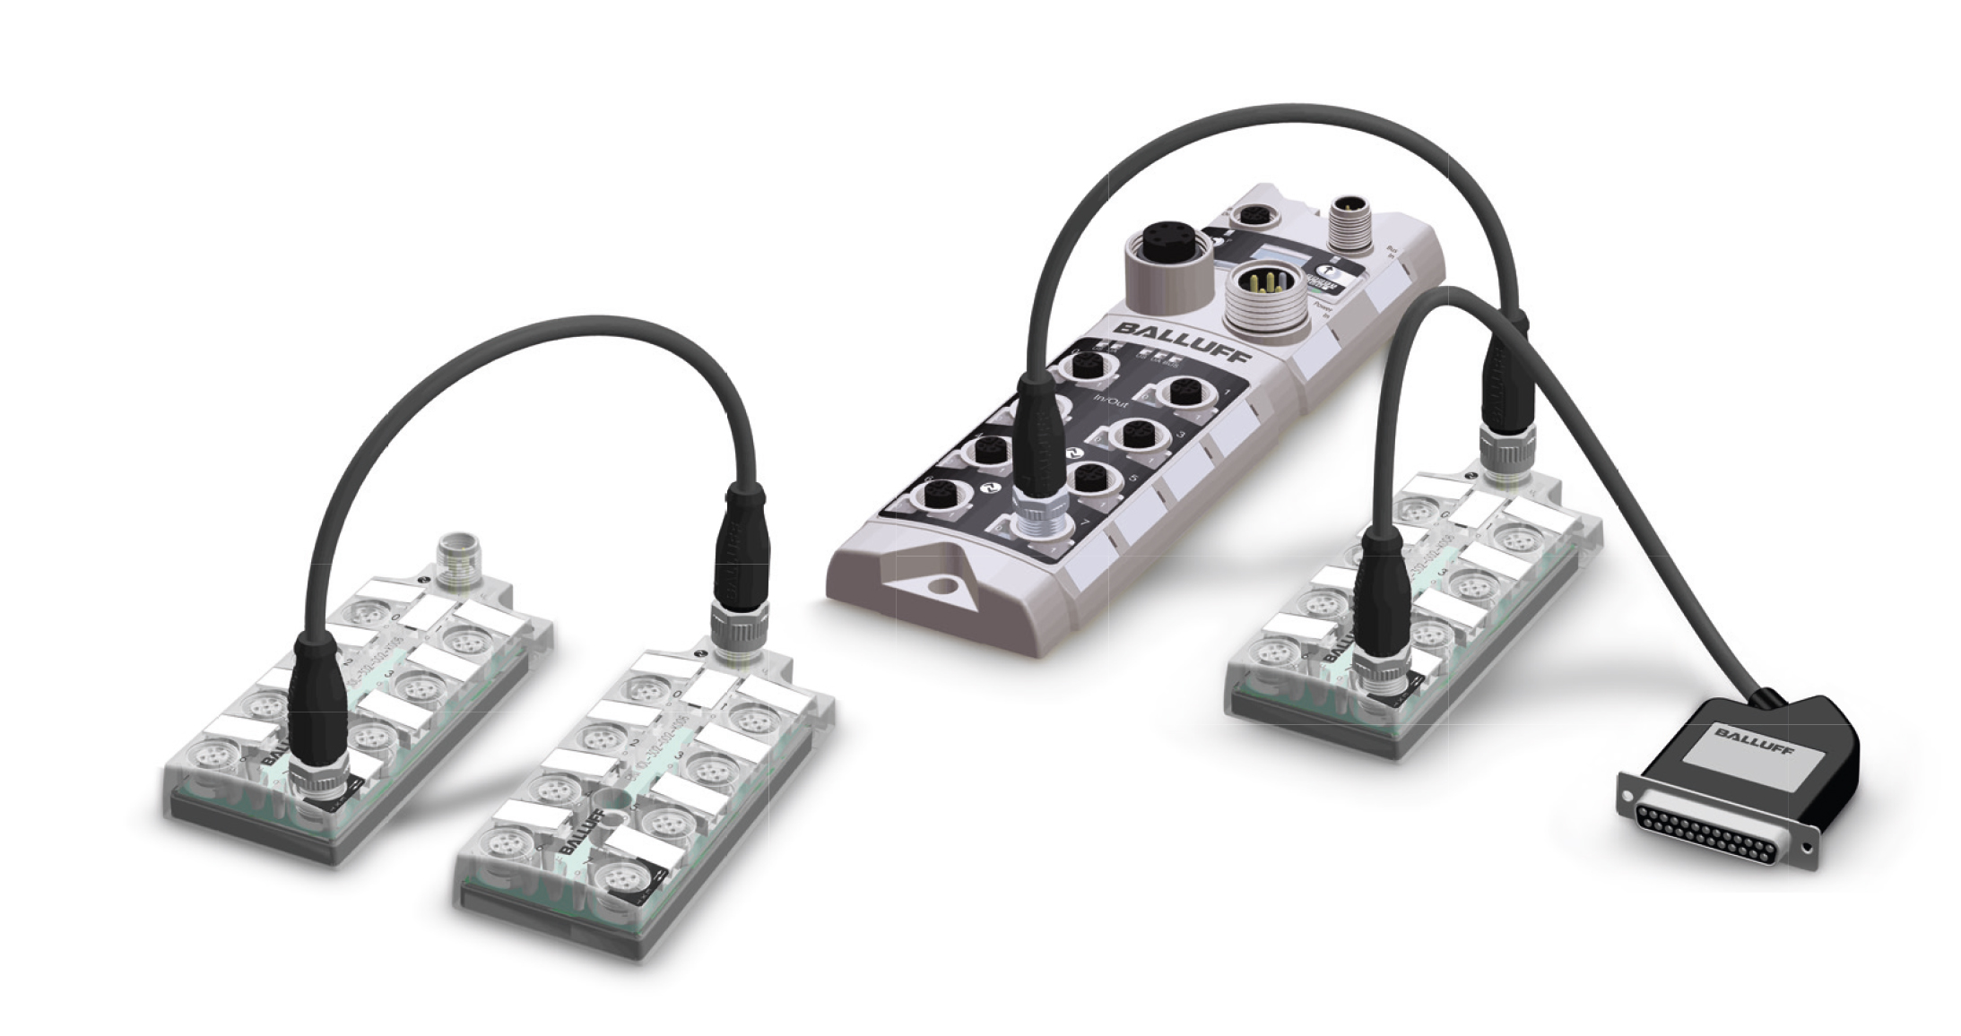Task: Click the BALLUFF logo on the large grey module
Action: pyautogui.click(x=1181, y=339)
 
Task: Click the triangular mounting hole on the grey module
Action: pyautogui.click(x=937, y=587)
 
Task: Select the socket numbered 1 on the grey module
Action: pyautogui.click(x=1176, y=392)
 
